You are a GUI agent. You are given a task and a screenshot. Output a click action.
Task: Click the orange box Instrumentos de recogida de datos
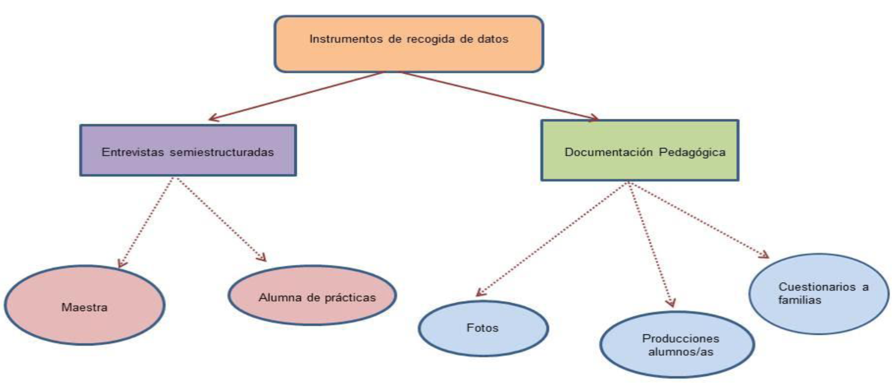(x=408, y=43)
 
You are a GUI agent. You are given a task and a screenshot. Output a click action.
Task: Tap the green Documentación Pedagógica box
(x=640, y=150)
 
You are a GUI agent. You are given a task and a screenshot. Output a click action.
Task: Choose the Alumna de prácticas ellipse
(x=312, y=295)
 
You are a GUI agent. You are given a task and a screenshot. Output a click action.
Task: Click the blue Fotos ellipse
(x=483, y=328)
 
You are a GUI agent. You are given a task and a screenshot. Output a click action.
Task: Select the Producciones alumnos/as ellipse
(x=677, y=344)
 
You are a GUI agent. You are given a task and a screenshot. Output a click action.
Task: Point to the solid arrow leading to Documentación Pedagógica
(x=499, y=96)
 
